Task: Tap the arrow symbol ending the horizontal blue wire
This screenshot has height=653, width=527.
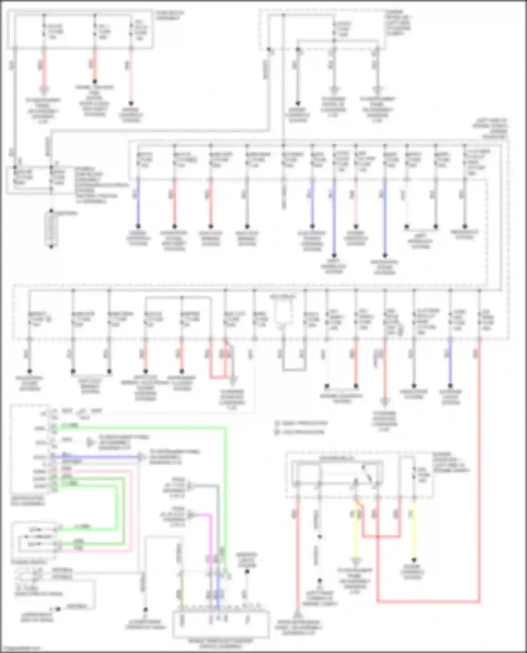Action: click(141, 457)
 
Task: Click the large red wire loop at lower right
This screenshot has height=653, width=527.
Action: click(429, 601)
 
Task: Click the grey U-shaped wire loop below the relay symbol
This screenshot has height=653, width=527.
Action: click(294, 369)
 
